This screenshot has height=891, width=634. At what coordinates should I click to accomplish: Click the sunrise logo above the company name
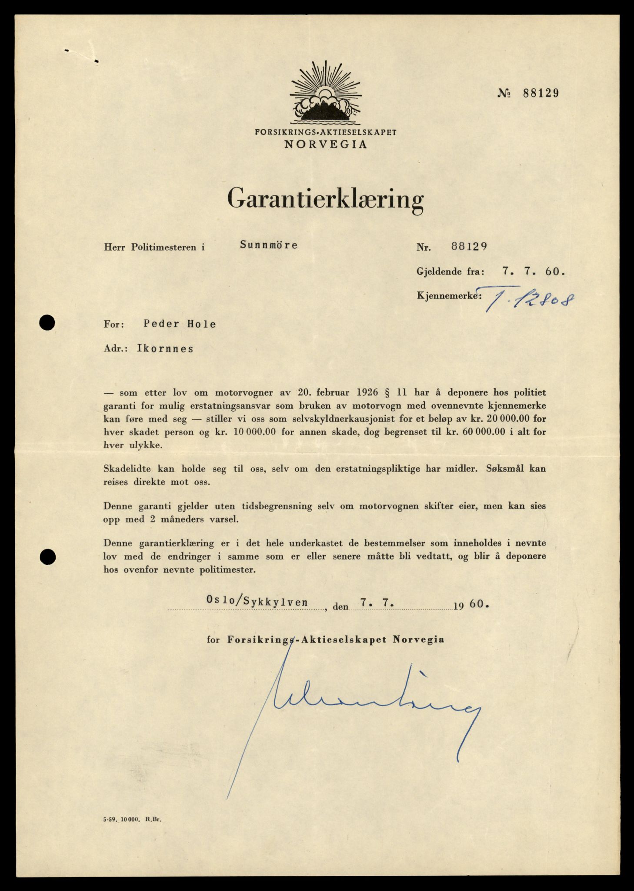(326, 94)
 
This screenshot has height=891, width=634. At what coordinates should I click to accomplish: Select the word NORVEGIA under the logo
(326, 144)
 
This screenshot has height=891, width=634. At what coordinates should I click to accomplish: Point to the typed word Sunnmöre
(269, 245)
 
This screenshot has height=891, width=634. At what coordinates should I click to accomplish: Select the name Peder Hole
(180, 324)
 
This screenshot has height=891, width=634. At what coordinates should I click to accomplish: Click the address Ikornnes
(165, 348)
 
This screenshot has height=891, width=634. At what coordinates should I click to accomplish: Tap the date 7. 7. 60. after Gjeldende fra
(533, 271)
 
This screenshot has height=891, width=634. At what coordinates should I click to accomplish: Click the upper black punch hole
(47, 323)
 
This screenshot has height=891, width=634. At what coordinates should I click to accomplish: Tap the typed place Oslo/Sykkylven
(257, 602)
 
